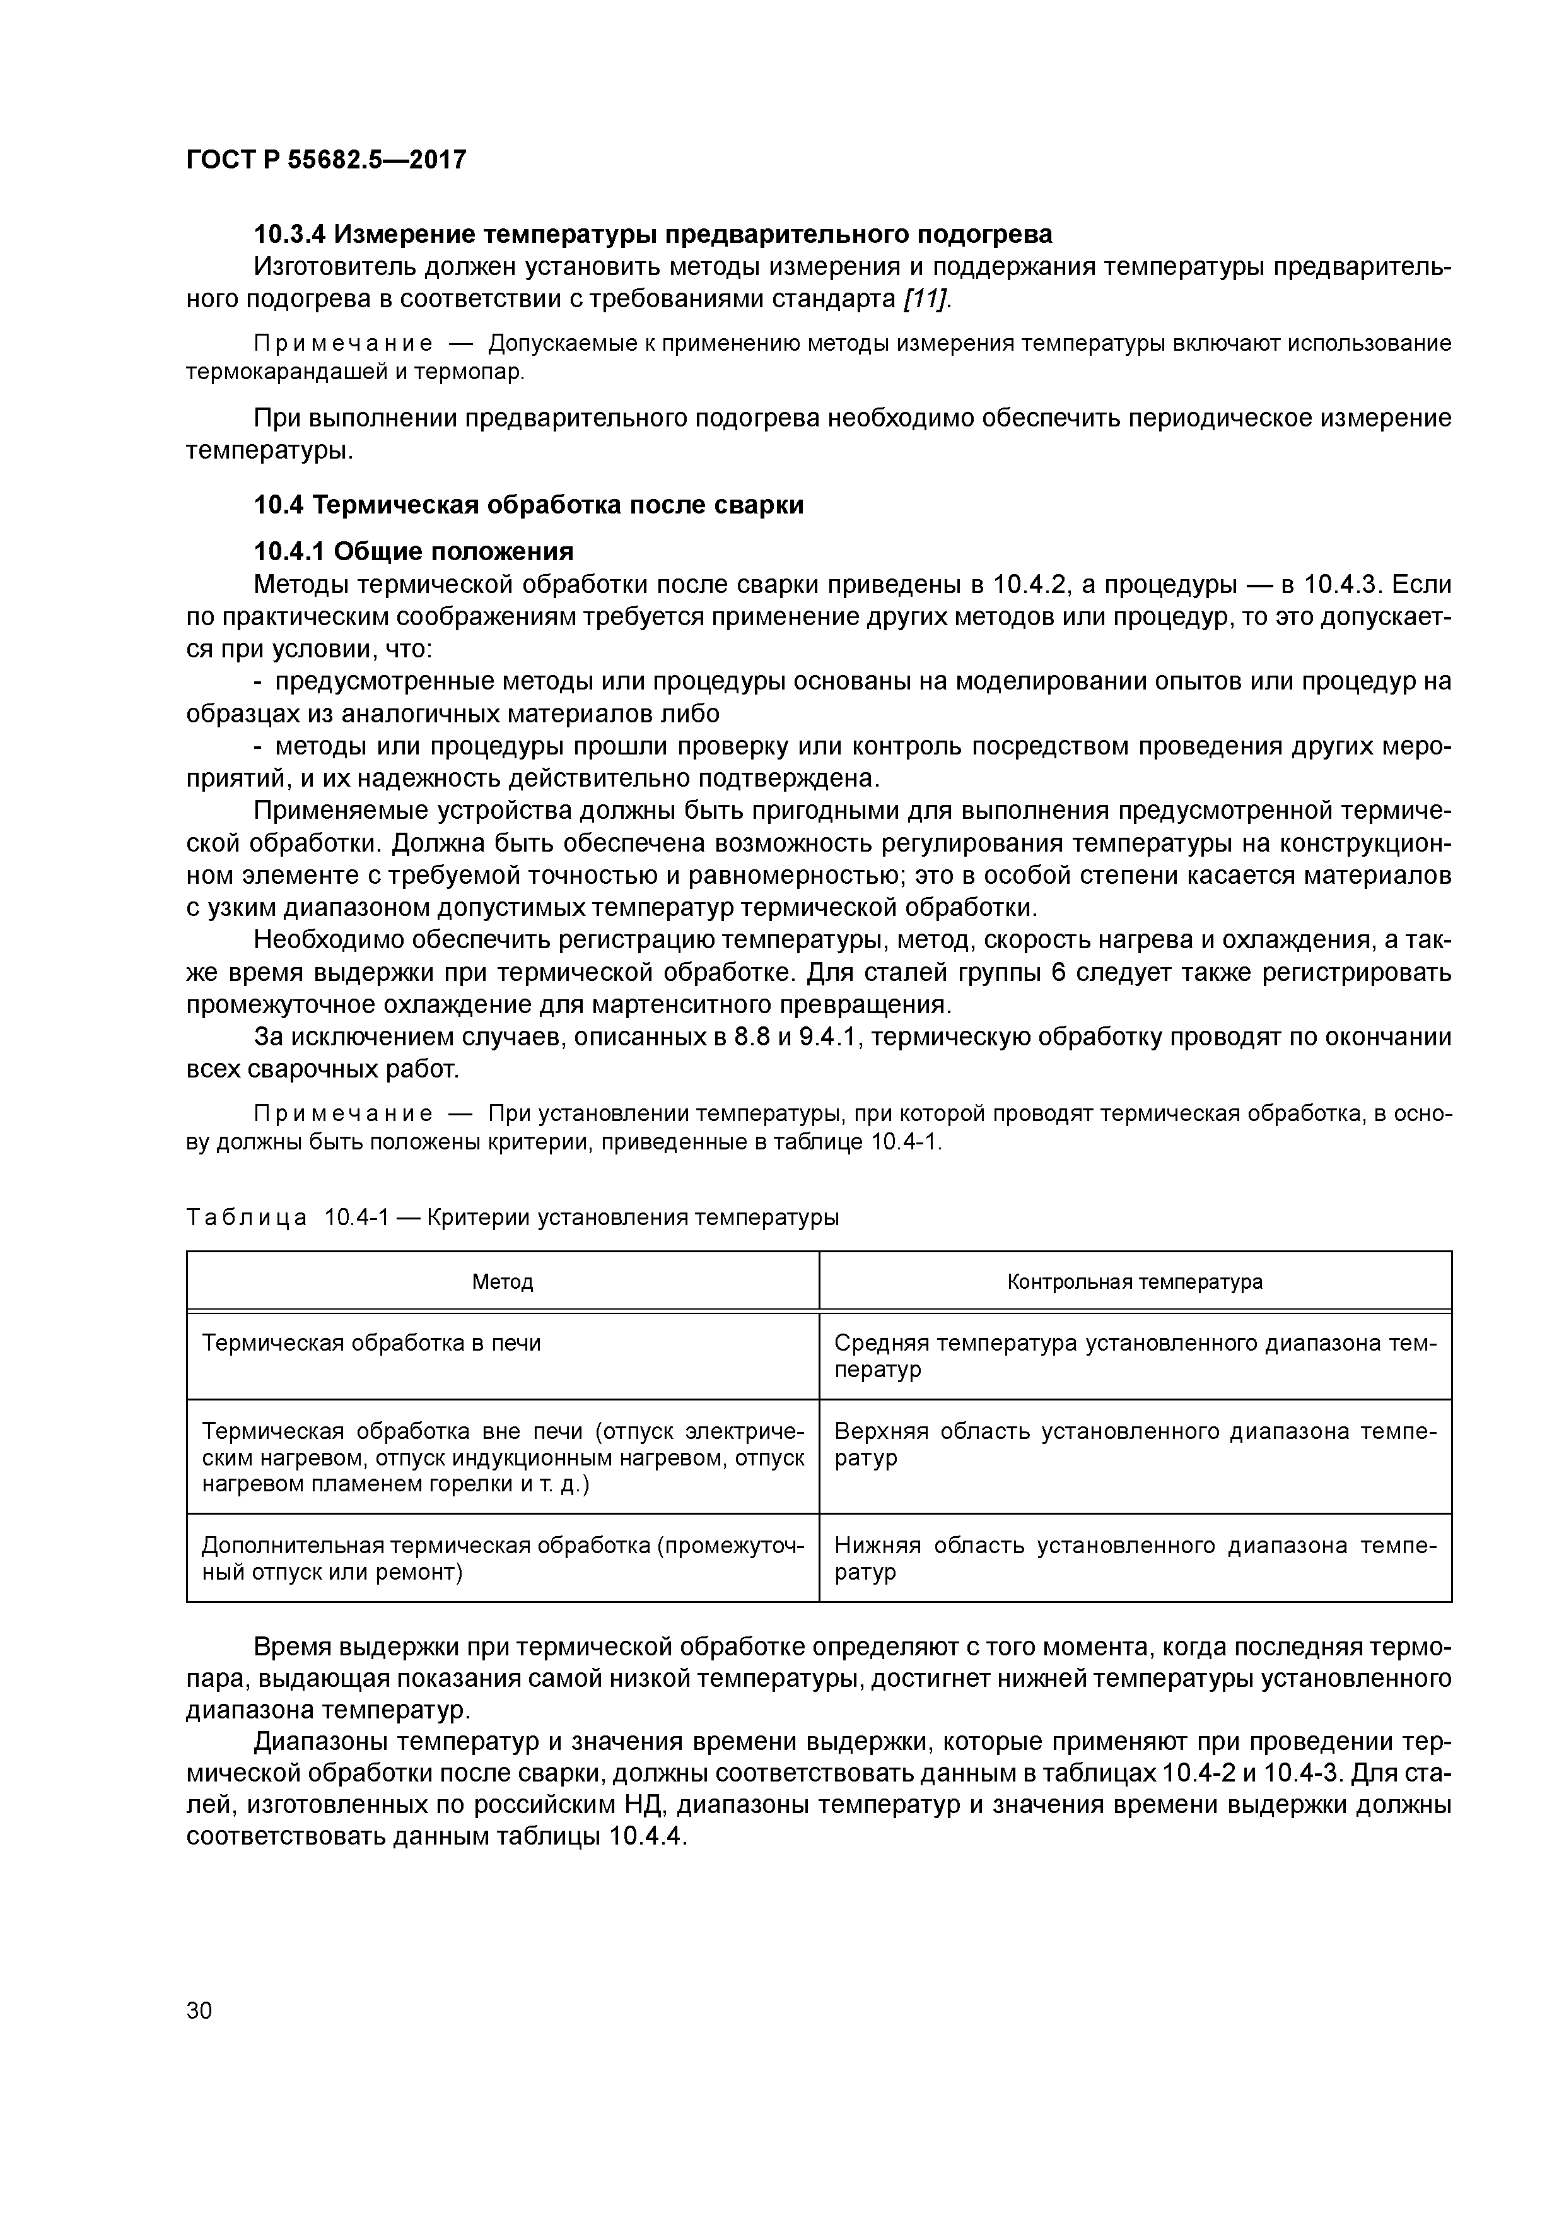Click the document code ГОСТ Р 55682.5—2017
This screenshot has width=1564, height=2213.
tap(325, 159)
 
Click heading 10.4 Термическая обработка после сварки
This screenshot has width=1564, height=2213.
tap(528, 505)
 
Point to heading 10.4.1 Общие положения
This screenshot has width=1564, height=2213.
tap(414, 551)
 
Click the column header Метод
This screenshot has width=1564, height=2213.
tap(502, 1282)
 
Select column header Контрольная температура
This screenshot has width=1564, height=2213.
tap(1134, 1282)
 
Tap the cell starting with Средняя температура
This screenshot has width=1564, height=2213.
tap(1134, 1355)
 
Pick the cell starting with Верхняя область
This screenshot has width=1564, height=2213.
tap(1134, 1444)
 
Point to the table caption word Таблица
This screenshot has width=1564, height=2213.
tap(247, 1218)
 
